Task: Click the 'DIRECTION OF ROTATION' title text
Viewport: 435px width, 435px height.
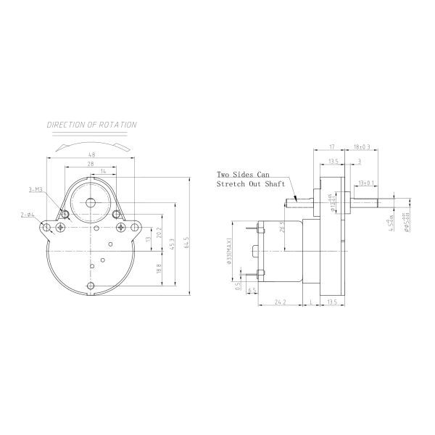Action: (x=91, y=125)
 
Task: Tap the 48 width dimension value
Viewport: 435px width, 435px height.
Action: (x=91, y=154)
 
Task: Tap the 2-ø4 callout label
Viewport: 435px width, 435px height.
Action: (x=28, y=215)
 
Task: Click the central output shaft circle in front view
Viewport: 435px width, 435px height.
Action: (x=92, y=202)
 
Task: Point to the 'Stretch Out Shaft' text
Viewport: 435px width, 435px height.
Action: (x=246, y=185)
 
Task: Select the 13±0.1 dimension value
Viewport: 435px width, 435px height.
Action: (x=365, y=183)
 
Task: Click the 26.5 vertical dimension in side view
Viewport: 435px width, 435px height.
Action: (x=282, y=228)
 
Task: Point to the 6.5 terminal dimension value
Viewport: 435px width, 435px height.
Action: (x=252, y=290)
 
